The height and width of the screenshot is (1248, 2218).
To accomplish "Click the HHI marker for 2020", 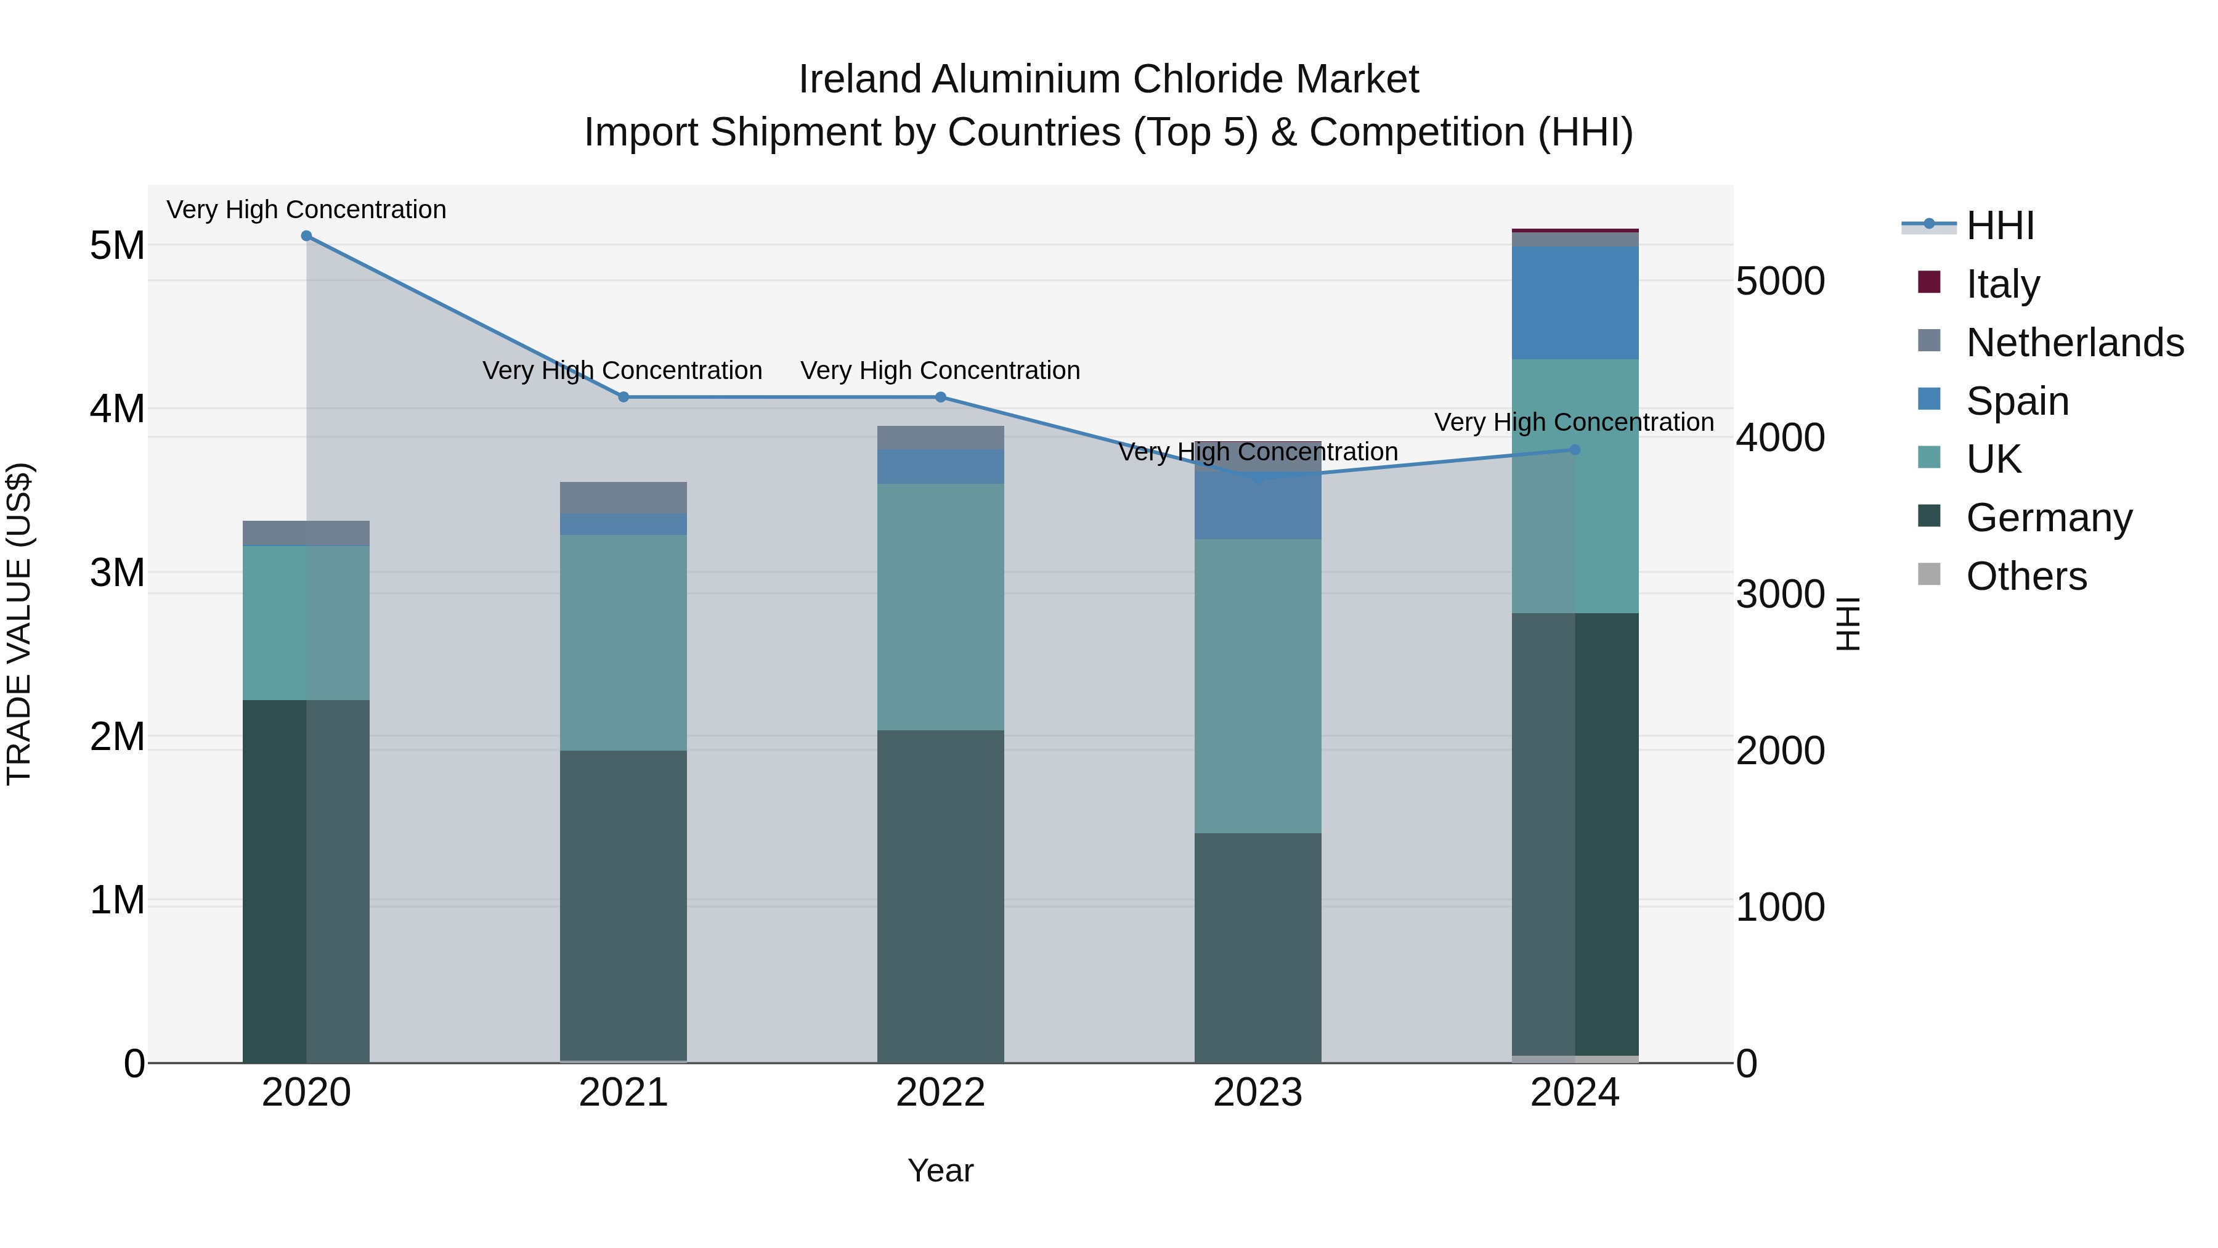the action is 307,236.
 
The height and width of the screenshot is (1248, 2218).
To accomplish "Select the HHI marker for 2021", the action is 624,397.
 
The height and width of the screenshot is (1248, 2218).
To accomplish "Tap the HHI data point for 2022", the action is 940,397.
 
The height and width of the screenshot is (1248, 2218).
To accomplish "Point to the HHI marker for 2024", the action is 1575,450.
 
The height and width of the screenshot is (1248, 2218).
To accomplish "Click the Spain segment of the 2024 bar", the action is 1575,303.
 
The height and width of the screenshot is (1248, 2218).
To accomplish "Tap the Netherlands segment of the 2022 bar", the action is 940,438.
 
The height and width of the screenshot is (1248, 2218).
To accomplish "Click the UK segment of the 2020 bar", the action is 307,622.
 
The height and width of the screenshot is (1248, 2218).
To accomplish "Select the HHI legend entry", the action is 1999,226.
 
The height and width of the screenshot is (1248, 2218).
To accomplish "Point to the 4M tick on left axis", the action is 117,409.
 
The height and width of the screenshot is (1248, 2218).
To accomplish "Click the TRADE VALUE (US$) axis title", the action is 19,624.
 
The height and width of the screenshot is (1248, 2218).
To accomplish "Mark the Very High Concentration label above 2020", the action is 307,210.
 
